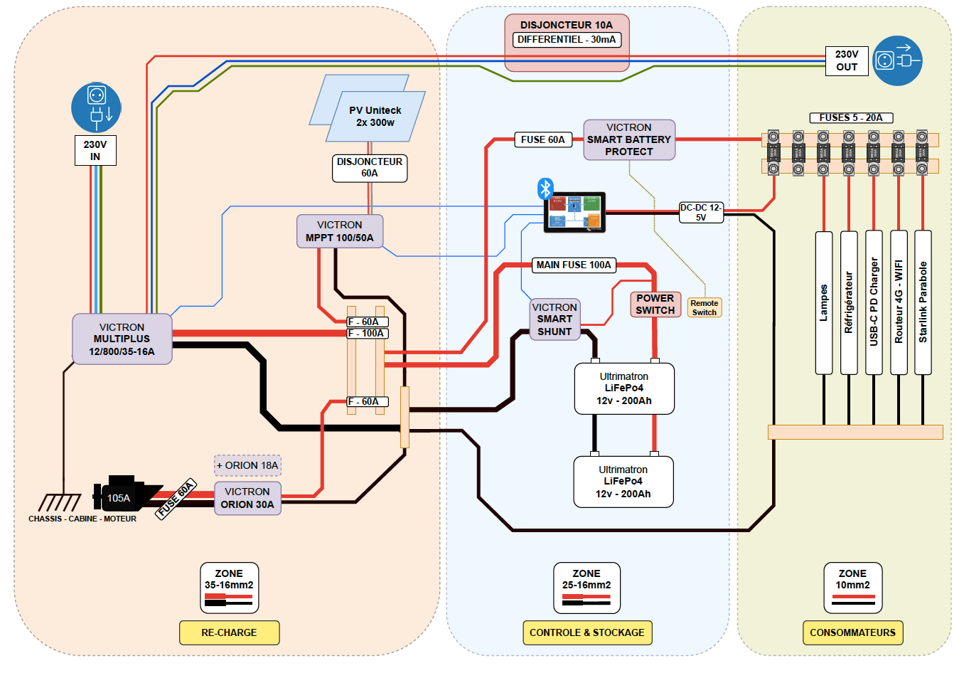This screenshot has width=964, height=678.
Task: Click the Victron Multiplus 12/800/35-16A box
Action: (122, 339)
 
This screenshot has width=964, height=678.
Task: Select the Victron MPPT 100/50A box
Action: (340, 231)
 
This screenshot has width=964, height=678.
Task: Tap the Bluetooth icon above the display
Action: (545, 189)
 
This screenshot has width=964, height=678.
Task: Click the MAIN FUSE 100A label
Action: (573, 265)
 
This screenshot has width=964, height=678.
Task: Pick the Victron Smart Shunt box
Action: (555, 319)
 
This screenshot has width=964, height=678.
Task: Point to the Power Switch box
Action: (655, 304)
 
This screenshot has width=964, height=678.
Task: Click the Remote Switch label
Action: (705, 307)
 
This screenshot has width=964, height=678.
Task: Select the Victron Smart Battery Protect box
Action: (628, 139)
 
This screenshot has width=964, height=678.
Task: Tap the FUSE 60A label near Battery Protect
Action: (542, 140)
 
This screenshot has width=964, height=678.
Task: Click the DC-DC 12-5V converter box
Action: (701, 212)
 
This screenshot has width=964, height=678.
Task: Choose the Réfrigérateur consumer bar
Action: (849, 302)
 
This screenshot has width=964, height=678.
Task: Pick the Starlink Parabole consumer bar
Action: (923, 302)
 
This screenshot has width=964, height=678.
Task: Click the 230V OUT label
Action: (846, 60)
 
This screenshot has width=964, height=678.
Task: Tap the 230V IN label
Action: (95, 150)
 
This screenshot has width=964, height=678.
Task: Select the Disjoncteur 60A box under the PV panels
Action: (370, 168)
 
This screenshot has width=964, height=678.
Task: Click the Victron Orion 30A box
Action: (247, 498)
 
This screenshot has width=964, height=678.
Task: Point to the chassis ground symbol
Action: (60, 502)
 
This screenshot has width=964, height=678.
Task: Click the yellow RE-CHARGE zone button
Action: (229, 632)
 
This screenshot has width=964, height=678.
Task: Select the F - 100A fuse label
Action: (367, 334)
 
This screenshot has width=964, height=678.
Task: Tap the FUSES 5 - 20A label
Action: (851, 118)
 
